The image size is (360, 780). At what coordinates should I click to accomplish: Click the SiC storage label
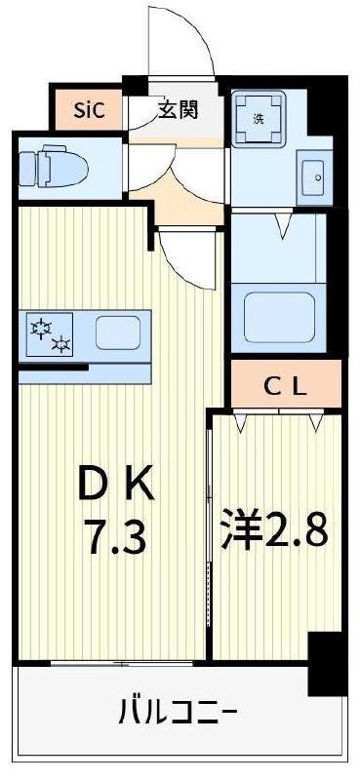(x=89, y=110)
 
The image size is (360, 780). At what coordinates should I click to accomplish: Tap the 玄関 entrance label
(x=178, y=109)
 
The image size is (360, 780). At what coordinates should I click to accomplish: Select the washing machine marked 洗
(x=259, y=117)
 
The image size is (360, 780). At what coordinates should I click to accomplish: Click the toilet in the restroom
(x=54, y=164)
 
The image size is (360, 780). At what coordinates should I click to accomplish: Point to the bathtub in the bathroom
(x=280, y=316)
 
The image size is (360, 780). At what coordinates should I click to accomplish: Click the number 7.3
(x=117, y=536)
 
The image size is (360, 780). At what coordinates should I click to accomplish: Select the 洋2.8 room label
(x=274, y=529)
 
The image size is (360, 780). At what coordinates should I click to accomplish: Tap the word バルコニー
(x=177, y=712)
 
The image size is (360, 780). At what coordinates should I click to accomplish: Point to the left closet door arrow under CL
(x=241, y=422)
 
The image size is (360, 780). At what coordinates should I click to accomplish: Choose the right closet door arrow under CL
(x=316, y=422)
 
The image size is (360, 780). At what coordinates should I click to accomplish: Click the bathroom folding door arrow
(x=283, y=225)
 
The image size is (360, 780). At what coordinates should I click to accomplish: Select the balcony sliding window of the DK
(x=123, y=663)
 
